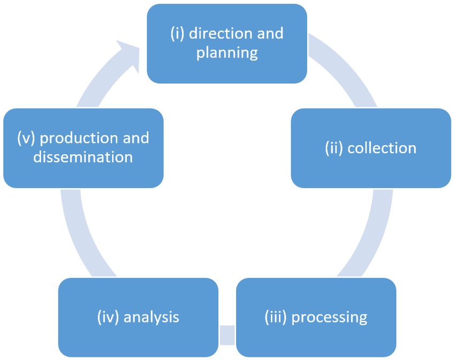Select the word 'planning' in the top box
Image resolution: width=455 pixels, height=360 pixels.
tap(227, 53)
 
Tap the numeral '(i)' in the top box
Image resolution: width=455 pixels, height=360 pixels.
tap(177, 33)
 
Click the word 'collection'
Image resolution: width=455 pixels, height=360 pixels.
tap(382, 148)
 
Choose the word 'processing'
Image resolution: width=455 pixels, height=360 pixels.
tap(329, 317)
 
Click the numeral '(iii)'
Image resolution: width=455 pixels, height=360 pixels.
tap(276, 317)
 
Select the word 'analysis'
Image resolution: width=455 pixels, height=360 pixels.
tap(151, 317)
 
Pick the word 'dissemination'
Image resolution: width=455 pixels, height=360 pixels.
tap(83, 157)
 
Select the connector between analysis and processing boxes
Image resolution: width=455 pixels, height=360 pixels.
tap(227, 335)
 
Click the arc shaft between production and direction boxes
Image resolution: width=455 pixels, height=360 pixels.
tap(96, 86)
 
